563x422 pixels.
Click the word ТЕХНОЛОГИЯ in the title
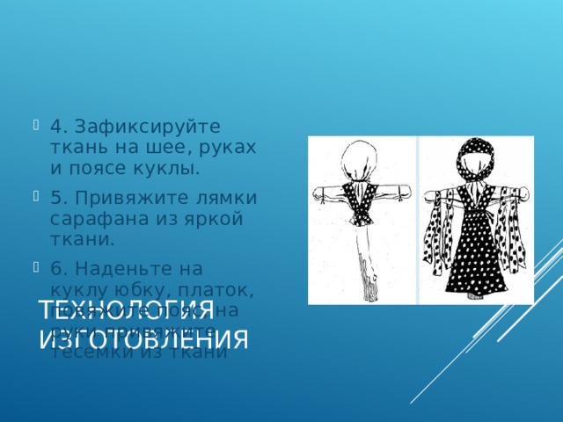pyautogui.click(x=124, y=311)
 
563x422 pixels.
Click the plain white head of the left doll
pyautogui.click(x=361, y=164)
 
